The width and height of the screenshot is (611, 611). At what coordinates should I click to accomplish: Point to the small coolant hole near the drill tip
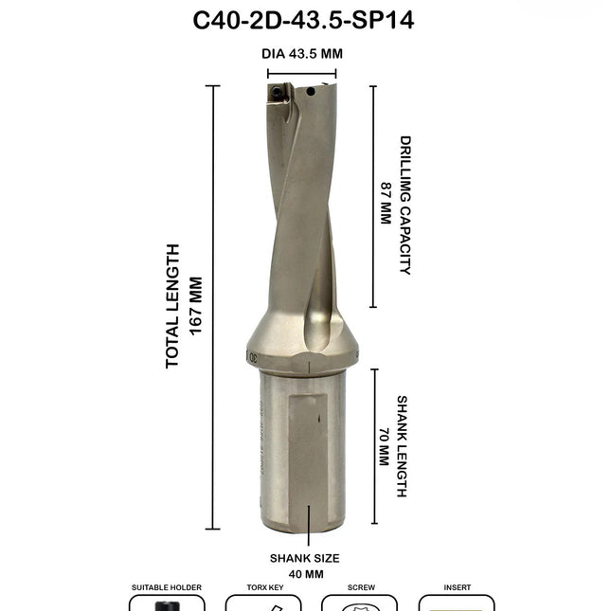pos(310,92)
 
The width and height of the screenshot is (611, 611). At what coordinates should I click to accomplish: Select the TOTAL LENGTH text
pos(172,306)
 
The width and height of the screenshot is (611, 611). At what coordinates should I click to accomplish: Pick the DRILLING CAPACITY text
pos(405,205)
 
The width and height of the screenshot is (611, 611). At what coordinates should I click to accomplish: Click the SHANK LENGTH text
pos(402,446)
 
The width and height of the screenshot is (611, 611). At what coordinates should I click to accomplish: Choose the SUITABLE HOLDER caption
pos(166,587)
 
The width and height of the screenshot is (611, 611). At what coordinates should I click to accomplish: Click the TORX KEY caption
pos(262,587)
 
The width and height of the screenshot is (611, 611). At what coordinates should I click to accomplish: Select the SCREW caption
pos(360,587)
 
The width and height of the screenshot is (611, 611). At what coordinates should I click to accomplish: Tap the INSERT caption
pos(456,587)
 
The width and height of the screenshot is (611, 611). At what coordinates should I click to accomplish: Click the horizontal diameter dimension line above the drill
pos(303,73)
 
